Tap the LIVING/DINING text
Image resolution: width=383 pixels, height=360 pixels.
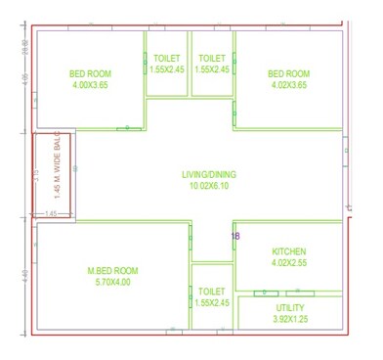pos(209,175)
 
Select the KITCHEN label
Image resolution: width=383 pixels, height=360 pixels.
pos(288,251)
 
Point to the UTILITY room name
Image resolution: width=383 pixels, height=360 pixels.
pos(290,308)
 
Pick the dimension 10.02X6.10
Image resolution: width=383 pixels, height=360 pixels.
pos(210,186)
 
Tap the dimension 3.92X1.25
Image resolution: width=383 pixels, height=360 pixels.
pos(290,319)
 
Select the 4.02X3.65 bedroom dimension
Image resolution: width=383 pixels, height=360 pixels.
pos(288,85)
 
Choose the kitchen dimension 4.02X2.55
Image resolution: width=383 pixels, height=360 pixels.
pos(288,262)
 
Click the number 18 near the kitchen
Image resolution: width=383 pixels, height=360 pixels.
pos(234,237)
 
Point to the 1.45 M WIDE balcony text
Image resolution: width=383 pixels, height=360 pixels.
pos(57,168)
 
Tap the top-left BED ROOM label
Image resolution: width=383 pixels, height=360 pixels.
pos(90,73)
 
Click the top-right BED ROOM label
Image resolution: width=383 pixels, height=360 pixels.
pos(288,73)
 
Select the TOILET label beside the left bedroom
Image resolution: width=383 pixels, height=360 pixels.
pos(166,59)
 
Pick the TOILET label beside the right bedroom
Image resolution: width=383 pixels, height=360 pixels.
pos(211,59)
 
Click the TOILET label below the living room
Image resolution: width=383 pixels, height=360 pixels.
pos(211,292)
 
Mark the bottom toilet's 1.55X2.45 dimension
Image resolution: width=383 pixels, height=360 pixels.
pos(211,303)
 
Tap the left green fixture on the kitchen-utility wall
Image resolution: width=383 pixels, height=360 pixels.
pos(262,292)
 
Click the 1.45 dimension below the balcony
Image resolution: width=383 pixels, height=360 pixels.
pos(52,213)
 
